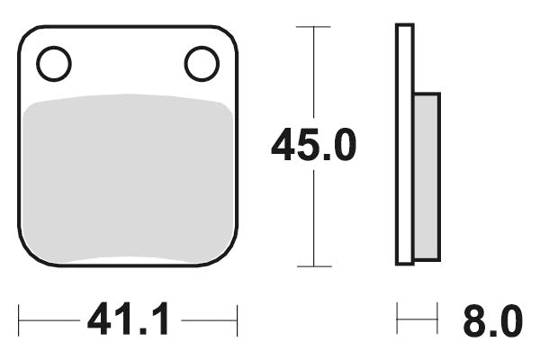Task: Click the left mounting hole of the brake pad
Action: pyautogui.click(x=54, y=64)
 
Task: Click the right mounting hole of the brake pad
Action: pyautogui.click(x=202, y=64)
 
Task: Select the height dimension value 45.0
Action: pyautogui.click(x=314, y=146)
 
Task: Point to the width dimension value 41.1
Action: pyautogui.click(x=128, y=319)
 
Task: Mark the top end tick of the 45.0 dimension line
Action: pyautogui.click(x=313, y=27)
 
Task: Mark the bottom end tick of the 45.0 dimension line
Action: pyautogui.click(x=313, y=266)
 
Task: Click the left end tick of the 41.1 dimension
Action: pyautogui.click(x=20, y=319)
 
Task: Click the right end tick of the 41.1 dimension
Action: pyautogui.click(x=237, y=319)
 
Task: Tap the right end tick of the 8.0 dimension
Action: pyautogui.click(x=437, y=319)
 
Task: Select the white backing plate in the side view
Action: pyautogui.click(x=405, y=144)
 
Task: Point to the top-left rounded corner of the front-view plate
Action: pyautogui.click(x=27, y=35)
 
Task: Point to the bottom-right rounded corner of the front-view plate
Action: pyautogui.click(x=229, y=257)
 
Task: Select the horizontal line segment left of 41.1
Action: pyautogui.click(x=49, y=319)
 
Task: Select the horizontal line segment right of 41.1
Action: pyautogui.click(x=209, y=319)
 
